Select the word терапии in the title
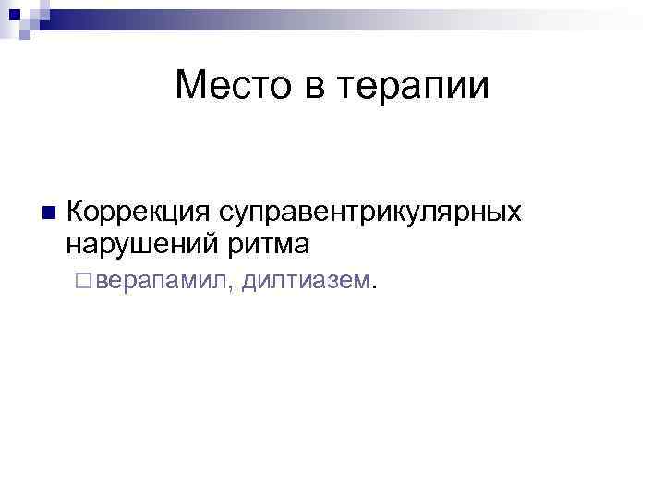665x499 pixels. (414, 89)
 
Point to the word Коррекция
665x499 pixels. (139, 213)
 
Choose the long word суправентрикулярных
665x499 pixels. (369, 213)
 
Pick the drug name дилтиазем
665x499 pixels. (304, 280)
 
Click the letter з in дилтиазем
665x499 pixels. (336, 281)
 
